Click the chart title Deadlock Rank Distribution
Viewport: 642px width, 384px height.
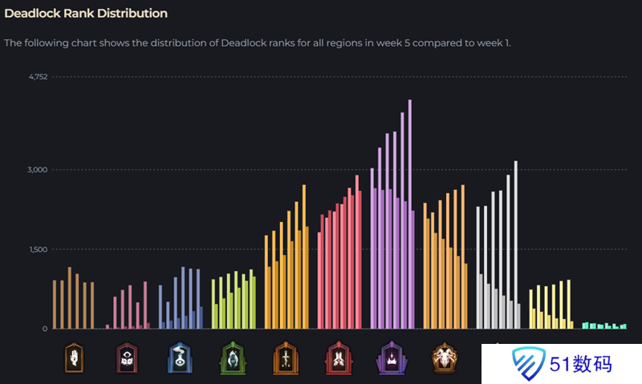click(x=86, y=14)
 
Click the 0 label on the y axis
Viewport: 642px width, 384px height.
click(x=45, y=329)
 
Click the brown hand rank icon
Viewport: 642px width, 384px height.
click(x=74, y=358)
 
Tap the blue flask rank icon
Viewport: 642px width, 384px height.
click(x=180, y=358)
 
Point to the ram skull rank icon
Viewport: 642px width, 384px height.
click(x=444, y=358)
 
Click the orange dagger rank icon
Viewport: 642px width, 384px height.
click(x=286, y=358)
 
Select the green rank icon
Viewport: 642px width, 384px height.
click(x=233, y=358)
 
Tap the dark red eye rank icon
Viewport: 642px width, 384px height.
click(x=127, y=358)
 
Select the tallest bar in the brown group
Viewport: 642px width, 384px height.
click(x=70, y=297)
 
